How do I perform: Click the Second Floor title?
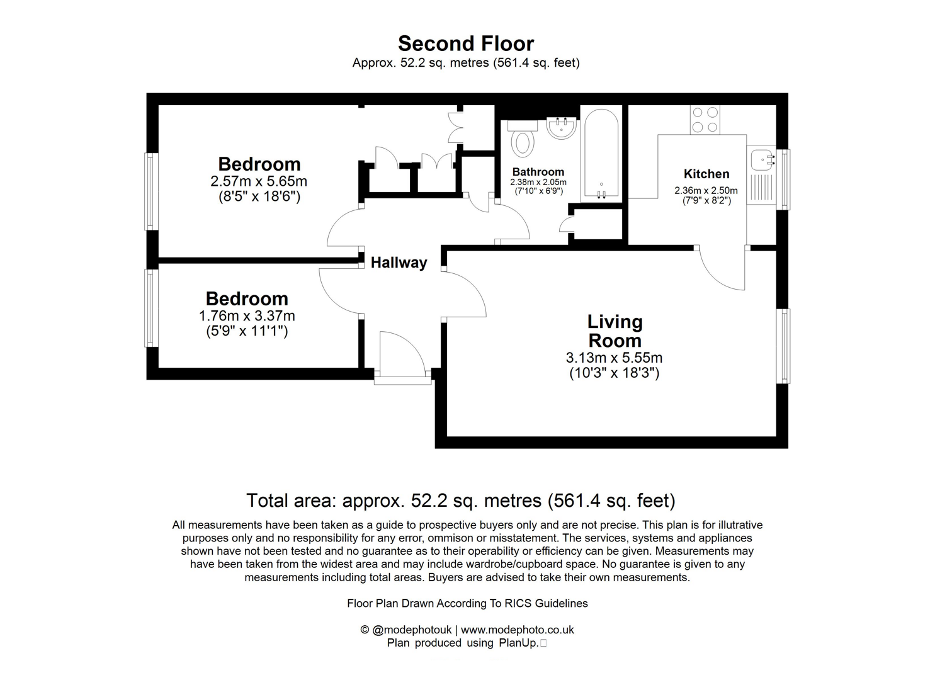tap(466, 43)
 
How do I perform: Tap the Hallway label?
tap(399, 263)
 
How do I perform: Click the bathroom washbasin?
tap(561, 128)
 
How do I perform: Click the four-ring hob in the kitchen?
tap(705, 120)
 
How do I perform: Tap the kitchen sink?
tap(762, 159)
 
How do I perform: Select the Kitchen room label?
tap(706, 174)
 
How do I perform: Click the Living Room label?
tap(615, 331)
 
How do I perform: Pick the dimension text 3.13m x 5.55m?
tap(614, 358)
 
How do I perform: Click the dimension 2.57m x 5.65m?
tap(259, 181)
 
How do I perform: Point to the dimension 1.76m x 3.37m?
tap(247, 316)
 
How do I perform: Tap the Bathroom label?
tap(538, 172)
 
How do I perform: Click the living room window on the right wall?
tap(783, 346)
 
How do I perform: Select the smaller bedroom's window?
tap(150, 308)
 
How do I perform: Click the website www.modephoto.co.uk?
tap(517, 630)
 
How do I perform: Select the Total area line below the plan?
tap(460, 501)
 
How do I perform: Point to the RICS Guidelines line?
tap(467, 603)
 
